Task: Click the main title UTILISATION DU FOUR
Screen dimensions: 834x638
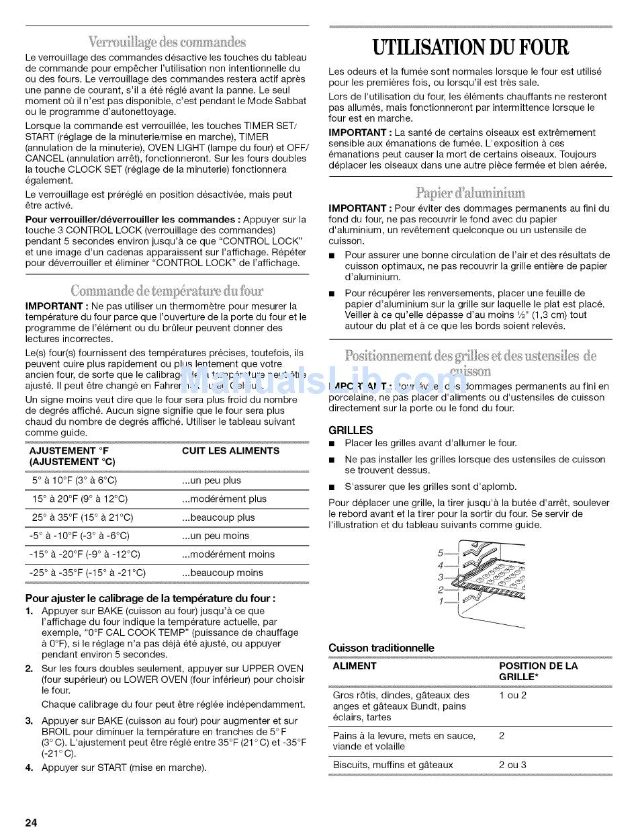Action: click(x=469, y=48)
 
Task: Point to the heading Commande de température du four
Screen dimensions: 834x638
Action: click(x=167, y=290)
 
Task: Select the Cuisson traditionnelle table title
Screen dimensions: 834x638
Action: click(x=381, y=648)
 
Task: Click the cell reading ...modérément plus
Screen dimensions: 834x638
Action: click(x=224, y=499)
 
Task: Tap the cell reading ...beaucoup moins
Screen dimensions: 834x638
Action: click(x=222, y=573)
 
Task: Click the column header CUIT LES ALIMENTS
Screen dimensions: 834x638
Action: click(x=230, y=451)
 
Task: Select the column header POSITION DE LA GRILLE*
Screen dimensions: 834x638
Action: click(x=538, y=671)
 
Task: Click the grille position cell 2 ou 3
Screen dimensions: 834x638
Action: click(x=512, y=765)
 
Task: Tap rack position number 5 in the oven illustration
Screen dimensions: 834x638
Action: click(x=441, y=553)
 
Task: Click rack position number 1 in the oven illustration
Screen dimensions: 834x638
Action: click(x=441, y=601)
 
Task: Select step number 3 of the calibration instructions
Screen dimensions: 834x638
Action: click(x=30, y=721)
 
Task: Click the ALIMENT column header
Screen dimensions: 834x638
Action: click(x=355, y=666)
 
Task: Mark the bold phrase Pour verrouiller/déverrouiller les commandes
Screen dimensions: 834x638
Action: click(x=132, y=220)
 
